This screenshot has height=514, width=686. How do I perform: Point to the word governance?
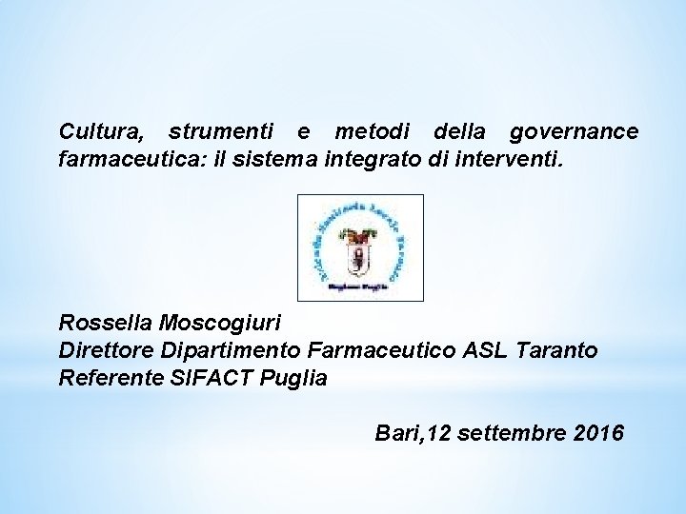coord(575,130)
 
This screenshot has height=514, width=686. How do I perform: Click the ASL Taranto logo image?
coord(360,247)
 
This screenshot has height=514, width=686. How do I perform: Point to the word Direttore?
coord(102,350)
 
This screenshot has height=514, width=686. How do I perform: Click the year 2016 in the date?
coord(600,434)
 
